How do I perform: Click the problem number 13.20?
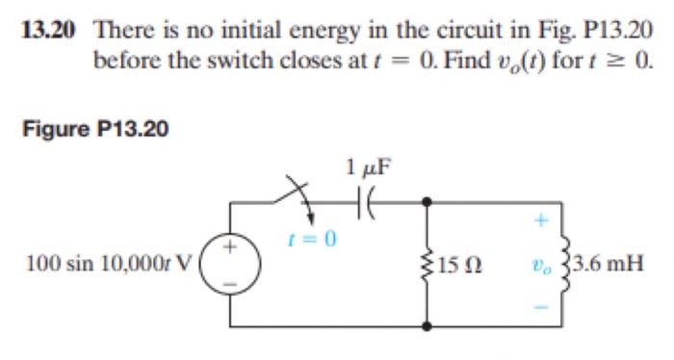tap(47, 29)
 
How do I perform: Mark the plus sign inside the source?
tap(232, 246)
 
